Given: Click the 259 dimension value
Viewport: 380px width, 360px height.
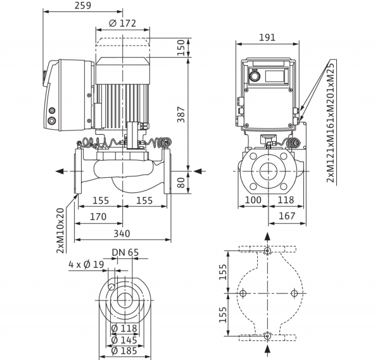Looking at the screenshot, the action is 82,5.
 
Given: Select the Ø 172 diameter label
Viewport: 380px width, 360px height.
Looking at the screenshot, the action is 122,23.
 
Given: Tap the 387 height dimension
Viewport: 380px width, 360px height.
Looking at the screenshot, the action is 181,115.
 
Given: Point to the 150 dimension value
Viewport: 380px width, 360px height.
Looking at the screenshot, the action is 181,47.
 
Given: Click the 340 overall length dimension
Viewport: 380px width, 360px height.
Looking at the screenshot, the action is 122,233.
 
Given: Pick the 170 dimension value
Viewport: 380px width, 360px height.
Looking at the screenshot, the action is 98,216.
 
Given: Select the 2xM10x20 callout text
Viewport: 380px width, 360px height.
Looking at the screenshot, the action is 60,230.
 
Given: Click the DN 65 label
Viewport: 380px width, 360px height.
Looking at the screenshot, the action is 125,252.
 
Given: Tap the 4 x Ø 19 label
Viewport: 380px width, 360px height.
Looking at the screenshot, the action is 86,264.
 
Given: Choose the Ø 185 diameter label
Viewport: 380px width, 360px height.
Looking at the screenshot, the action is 124,351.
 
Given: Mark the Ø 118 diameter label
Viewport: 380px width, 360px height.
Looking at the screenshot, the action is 124,328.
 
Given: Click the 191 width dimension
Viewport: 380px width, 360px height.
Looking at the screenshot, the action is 267,37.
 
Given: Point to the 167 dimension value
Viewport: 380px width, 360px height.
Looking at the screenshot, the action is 287,216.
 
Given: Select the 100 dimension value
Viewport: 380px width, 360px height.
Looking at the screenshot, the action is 253,200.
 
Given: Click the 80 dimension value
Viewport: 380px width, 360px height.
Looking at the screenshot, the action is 181,183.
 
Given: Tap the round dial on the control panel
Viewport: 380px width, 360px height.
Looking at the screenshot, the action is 255,77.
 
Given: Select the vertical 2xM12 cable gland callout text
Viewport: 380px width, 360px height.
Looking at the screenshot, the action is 330,121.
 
